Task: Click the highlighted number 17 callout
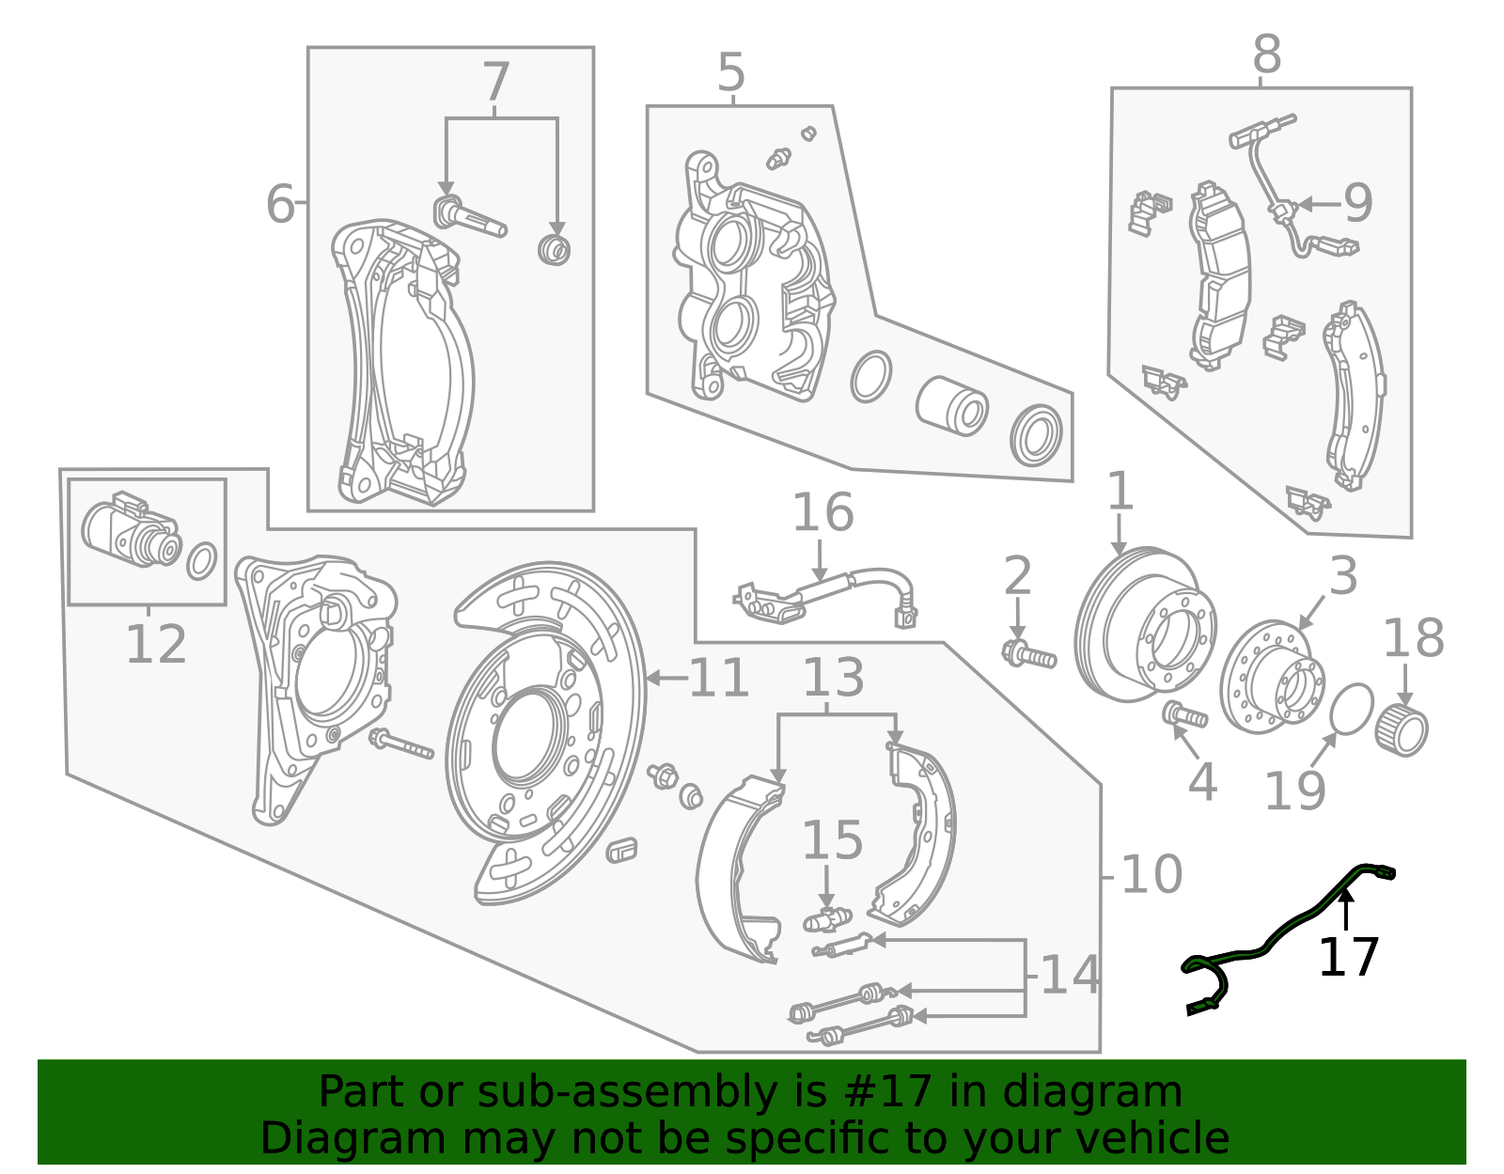(x=1348, y=957)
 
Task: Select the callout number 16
(x=822, y=513)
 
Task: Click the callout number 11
(x=719, y=679)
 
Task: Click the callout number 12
(x=155, y=645)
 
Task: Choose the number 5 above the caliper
(x=730, y=72)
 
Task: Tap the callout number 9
(x=1357, y=203)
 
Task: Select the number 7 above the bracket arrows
(x=495, y=83)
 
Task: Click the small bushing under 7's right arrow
(x=555, y=250)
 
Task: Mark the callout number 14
(x=1070, y=975)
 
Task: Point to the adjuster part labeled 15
(x=826, y=918)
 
